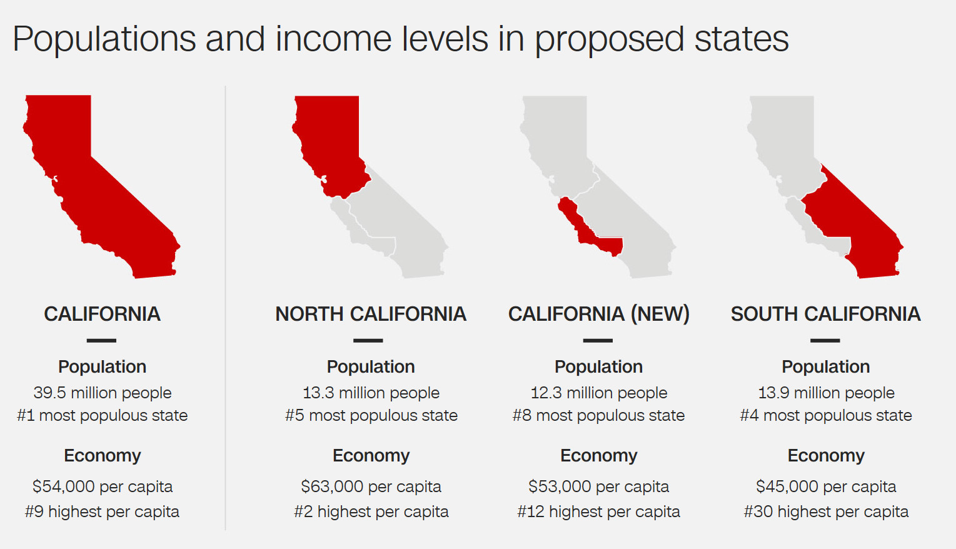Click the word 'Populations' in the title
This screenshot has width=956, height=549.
pos(104,39)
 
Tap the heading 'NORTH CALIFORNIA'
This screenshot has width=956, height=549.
pos(371,314)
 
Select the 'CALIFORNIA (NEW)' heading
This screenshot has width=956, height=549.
pos(598,314)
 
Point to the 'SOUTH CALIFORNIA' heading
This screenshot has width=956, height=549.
pos(826,314)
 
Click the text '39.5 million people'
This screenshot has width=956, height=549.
pos(103,393)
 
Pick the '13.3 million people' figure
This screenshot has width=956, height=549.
pos(371,393)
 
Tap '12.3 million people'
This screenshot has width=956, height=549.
pos(599,393)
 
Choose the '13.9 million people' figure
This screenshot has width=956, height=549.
pos(826,393)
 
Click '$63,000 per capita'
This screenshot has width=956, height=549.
pos(371,486)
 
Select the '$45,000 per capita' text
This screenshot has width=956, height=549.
pos(826,486)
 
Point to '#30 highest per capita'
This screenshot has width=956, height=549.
pos(826,511)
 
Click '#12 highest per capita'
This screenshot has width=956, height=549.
pos(598,511)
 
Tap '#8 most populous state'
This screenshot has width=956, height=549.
pos(598,415)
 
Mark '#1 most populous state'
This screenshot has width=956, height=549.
pos(103,415)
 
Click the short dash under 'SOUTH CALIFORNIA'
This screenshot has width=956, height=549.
pos(825,340)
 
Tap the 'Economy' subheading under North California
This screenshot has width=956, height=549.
pos(371,455)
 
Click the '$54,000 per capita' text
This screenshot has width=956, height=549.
pos(103,486)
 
